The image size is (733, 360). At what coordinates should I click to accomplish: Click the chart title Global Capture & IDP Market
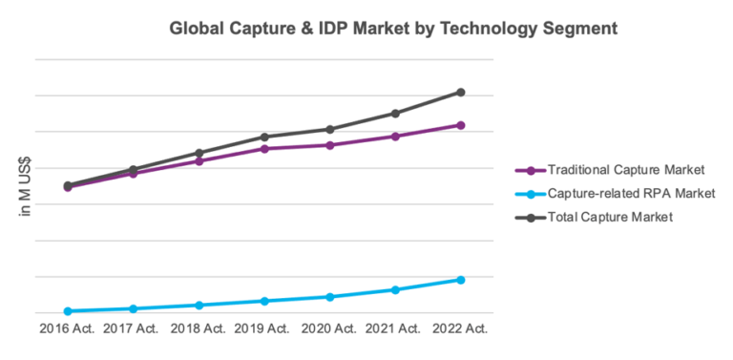tap(393, 29)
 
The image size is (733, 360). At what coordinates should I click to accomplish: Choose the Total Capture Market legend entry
tap(611, 217)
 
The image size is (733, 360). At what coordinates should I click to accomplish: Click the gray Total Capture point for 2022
tap(460, 92)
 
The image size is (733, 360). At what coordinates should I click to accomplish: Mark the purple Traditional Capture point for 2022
tap(460, 125)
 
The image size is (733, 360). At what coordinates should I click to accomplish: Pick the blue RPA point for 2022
tap(460, 280)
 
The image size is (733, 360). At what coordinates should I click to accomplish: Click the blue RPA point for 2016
tap(68, 311)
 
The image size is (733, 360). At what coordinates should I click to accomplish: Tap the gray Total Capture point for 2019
tap(264, 137)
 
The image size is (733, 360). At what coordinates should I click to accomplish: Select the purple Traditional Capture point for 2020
tap(329, 145)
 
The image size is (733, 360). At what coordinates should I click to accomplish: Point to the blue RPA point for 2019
tap(264, 301)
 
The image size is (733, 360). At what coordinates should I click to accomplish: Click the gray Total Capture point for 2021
tap(395, 114)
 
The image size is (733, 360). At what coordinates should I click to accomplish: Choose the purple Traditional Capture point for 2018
tap(199, 160)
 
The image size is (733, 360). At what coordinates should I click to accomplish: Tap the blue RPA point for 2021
tap(395, 289)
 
